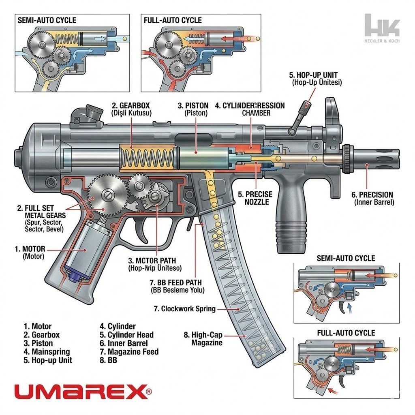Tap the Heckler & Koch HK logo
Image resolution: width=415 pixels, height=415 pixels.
[x=382, y=27]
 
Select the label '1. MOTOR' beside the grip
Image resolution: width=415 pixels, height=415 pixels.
[x=30, y=252]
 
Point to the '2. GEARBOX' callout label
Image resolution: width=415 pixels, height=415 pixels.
[x=131, y=109]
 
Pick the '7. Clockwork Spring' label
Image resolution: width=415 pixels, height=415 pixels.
[x=184, y=309]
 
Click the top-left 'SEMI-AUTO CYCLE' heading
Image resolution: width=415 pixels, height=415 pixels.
[x=47, y=20]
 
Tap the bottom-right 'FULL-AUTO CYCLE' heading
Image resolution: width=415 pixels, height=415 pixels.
[x=346, y=333]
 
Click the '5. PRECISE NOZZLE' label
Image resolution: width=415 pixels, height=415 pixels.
[x=255, y=198]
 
